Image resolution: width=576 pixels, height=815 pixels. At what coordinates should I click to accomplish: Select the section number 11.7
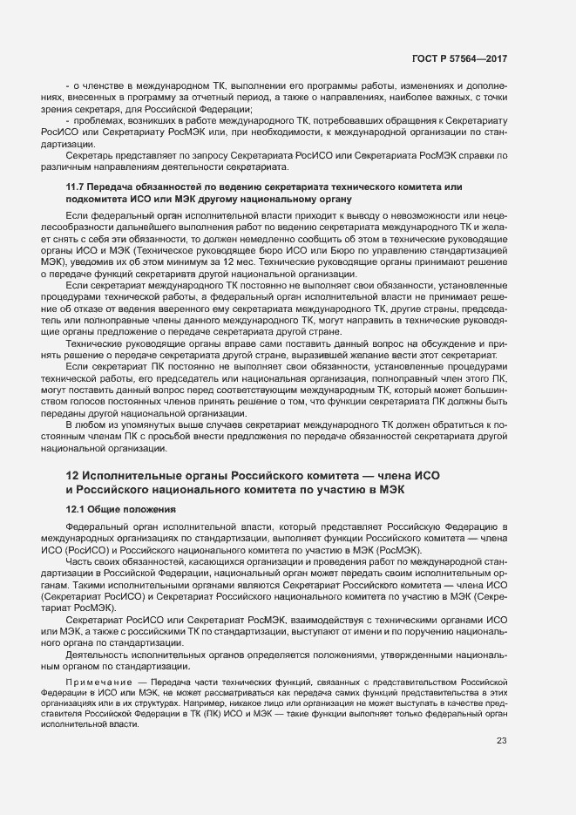[x=75, y=188]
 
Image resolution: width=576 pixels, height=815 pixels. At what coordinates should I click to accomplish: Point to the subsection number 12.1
[x=75, y=509]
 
